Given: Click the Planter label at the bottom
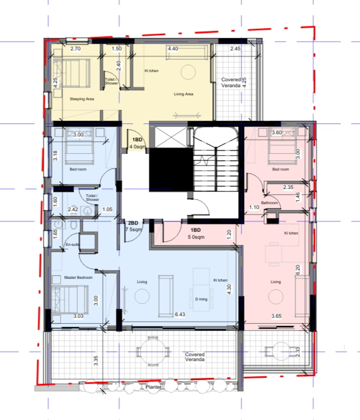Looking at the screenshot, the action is coord(154,387).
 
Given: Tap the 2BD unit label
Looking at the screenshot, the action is coord(133,223).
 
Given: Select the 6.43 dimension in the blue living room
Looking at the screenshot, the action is coord(180,314).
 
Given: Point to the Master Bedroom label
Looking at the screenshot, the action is coord(78,278).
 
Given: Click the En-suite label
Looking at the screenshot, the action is coord(73,245).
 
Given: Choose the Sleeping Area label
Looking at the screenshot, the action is coord(82,99).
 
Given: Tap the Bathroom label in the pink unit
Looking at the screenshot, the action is coord(270,203).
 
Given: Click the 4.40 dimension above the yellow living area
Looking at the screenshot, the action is coord(173,49).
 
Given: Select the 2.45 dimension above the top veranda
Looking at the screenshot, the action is coord(235,49).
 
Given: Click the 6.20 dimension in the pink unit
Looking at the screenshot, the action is coord(298,270).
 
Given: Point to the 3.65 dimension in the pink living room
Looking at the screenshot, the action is coord(277,316).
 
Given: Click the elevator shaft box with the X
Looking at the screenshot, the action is coord(171,137).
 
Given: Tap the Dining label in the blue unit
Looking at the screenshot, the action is coord(201,299).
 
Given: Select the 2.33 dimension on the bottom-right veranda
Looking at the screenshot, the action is coord(297,352).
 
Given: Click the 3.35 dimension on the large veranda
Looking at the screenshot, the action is coord(96,360).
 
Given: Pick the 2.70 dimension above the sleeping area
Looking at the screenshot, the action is coord(75,49).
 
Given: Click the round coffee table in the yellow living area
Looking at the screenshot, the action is coord(188,72).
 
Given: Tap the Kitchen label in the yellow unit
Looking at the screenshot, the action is coord(152,71).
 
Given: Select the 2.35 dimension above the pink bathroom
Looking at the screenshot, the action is coord(288,187).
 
